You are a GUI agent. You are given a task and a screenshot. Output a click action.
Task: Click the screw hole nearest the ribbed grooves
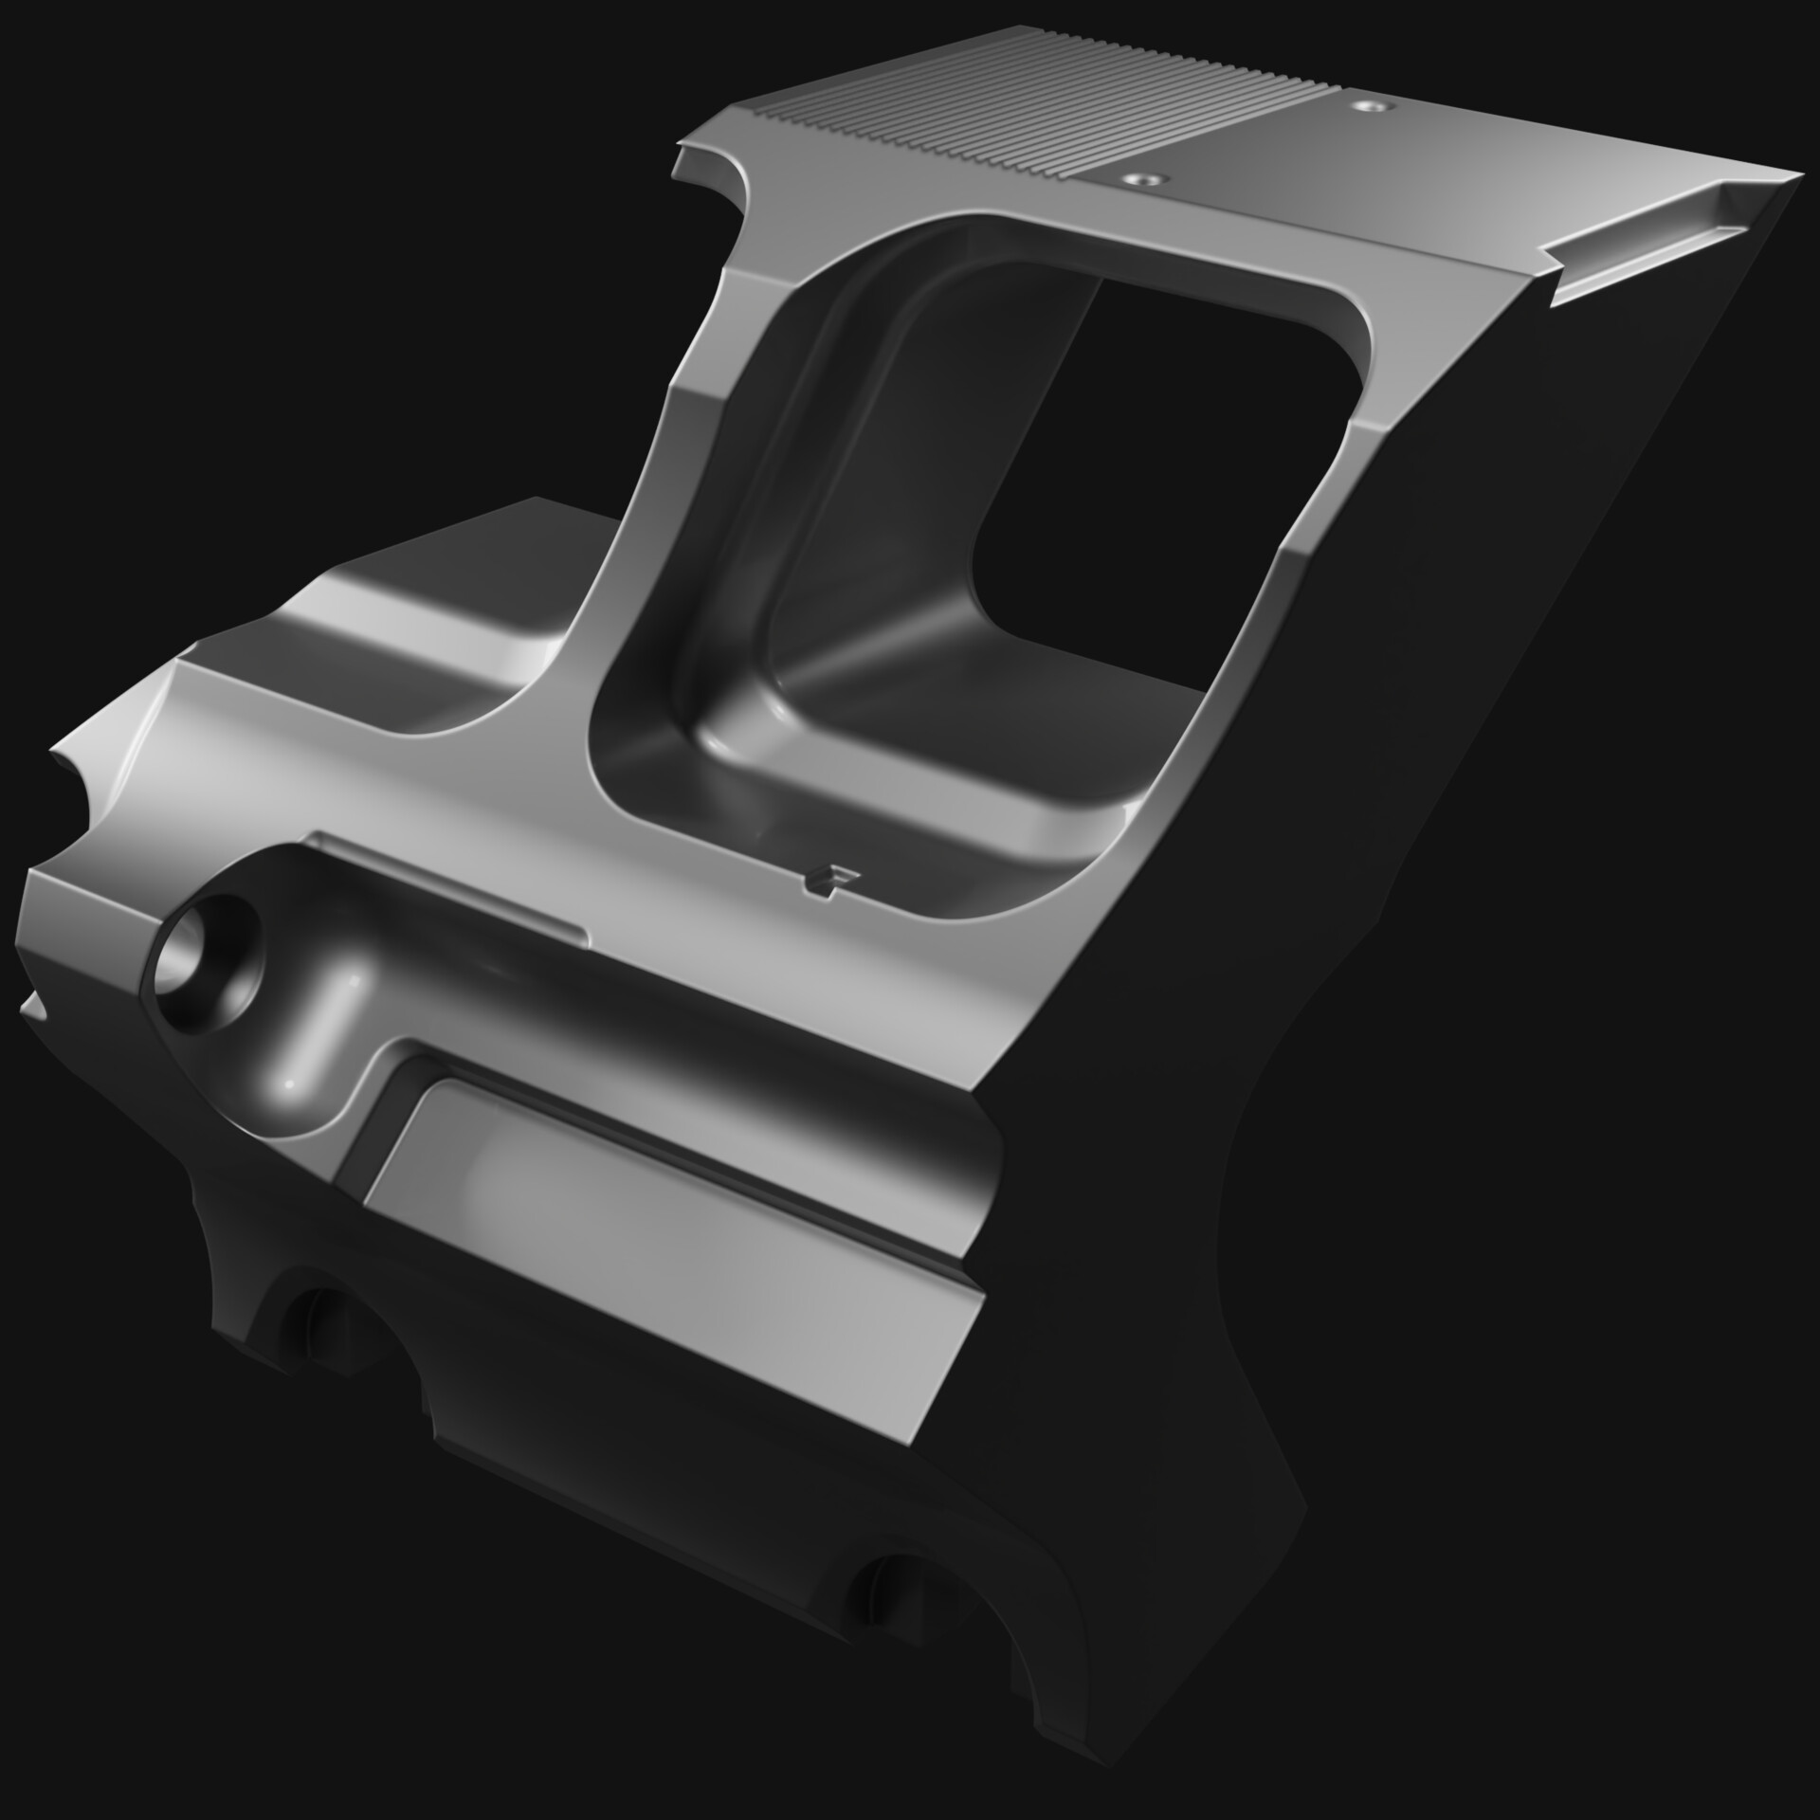[1144, 177]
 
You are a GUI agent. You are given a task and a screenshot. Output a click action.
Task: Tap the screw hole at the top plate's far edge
[1368, 106]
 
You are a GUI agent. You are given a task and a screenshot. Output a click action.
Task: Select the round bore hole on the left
[204, 959]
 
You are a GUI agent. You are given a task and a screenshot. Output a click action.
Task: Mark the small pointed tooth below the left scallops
[33, 1005]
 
